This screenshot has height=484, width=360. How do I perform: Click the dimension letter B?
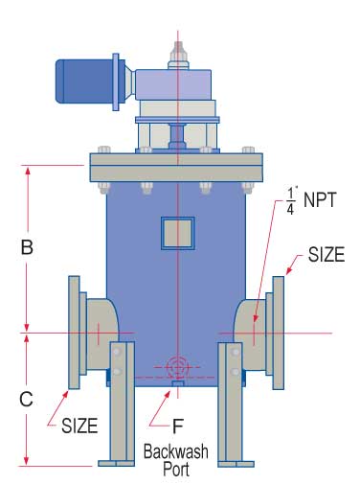[27, 247]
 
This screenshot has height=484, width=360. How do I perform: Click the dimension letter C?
[26, 399]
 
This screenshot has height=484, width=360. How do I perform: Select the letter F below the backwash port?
[178, 426]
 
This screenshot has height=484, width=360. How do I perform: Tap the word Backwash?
[176, 451]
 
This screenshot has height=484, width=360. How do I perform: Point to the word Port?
[176, 469]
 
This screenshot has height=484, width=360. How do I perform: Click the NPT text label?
[320, 200]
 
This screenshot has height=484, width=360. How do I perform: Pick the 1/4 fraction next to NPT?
[291, 201]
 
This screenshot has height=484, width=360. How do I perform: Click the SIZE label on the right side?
[326, 255]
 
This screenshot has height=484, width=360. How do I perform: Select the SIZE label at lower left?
[79, 426]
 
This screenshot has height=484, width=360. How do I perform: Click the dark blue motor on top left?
[84, 81]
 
